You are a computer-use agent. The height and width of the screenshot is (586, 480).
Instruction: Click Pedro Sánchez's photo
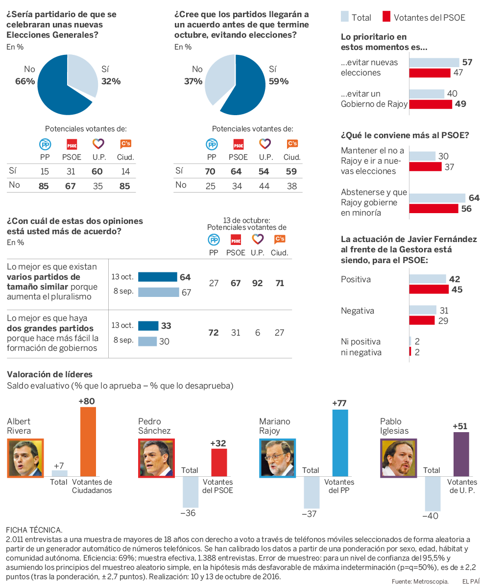click(x=156, y=458)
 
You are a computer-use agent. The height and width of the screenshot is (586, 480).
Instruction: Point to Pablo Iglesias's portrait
click(x=398, y=458)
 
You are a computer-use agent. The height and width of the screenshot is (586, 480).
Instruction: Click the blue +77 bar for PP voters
click(x=340, y=443)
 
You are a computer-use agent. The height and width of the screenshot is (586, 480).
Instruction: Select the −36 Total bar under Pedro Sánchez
click(x=191, y=491)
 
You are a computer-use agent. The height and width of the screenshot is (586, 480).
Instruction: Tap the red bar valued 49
click(x=431, y=104)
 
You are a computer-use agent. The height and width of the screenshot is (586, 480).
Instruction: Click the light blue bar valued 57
click(x=433, y=62)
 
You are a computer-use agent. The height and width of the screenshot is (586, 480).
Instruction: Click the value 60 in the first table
click(x=97, y=171)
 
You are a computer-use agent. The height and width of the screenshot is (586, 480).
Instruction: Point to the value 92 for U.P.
click(x=257, y=283)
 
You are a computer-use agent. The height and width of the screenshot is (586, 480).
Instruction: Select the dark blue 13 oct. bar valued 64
click(x=157, y=277)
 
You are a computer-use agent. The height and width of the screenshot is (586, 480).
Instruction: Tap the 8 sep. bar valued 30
click(x=147, y=341)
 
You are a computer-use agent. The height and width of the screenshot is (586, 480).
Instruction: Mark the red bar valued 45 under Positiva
click(x=429, y=290)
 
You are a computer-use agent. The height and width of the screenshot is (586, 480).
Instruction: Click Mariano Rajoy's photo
click(x=277, y=458)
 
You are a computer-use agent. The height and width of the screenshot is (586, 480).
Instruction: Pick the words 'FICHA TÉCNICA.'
click(x=34, y=530)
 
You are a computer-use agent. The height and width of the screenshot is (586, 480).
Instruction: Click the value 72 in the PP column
click(x=214, y=333)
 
